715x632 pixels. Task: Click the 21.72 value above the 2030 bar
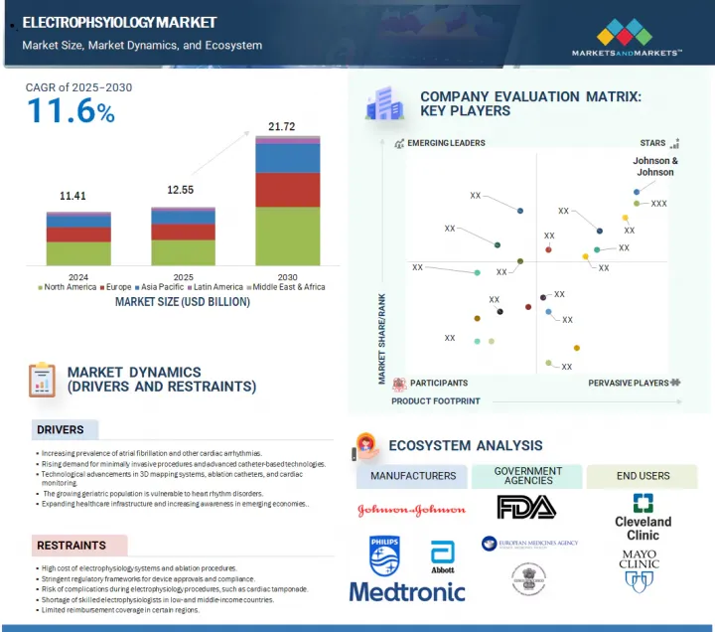tap(282, 127)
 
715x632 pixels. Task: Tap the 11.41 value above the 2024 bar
tap(73, 197)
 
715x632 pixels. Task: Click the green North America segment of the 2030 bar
tap(287, 237)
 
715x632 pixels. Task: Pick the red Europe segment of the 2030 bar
tap(287, 190)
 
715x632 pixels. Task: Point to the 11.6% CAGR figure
tap(71, 111)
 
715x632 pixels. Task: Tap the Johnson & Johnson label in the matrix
tap(655, 166)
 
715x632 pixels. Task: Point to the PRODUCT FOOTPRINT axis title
tap(435, 401)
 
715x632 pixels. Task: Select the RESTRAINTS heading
tap(71, 546)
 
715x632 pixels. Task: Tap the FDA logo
tap(528, 507)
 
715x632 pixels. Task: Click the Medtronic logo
tap(407, 591)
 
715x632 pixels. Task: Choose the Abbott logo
tap(442, 556)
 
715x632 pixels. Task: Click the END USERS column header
tap(642, 476)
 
